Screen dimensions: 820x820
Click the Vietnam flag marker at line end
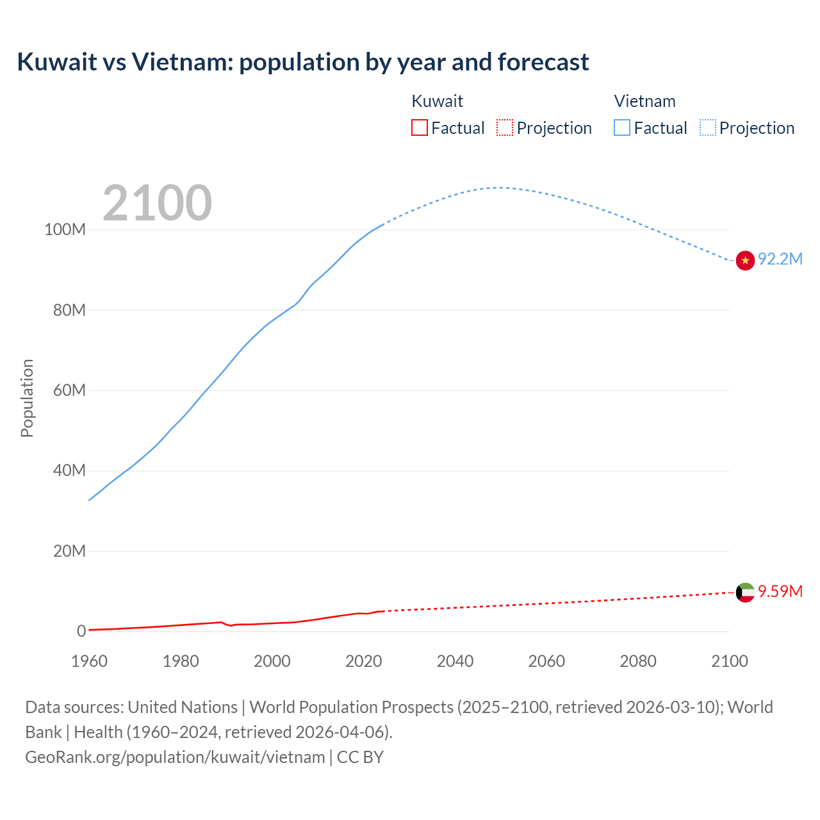pos(745,261)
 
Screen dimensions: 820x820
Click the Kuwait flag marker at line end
pos(745,593)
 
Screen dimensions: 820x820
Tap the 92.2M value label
pos(780,259)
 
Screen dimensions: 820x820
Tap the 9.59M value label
pos(780,591)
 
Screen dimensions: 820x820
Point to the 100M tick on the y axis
pos(65,230)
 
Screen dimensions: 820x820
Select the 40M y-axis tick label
pos(69,470)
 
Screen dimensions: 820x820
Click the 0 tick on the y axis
pos(81,631)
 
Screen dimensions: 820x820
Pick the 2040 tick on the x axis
pos(455,661)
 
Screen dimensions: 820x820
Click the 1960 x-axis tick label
pos(89,661)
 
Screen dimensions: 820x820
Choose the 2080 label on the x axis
pos(638,661)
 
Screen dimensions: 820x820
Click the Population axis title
pos(27,398)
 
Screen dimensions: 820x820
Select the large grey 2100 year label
pos(157,203)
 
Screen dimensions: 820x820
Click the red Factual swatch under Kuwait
pos(420,127)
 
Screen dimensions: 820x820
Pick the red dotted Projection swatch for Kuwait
pos(505,127)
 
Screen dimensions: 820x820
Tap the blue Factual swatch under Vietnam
pos(622,127)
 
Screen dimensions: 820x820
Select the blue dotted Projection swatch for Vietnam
pos(708,127)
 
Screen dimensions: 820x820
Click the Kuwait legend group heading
pos(437,101)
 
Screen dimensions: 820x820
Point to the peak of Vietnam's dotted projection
pos(498,188)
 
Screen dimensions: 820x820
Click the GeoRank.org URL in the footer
pos(175,757)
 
